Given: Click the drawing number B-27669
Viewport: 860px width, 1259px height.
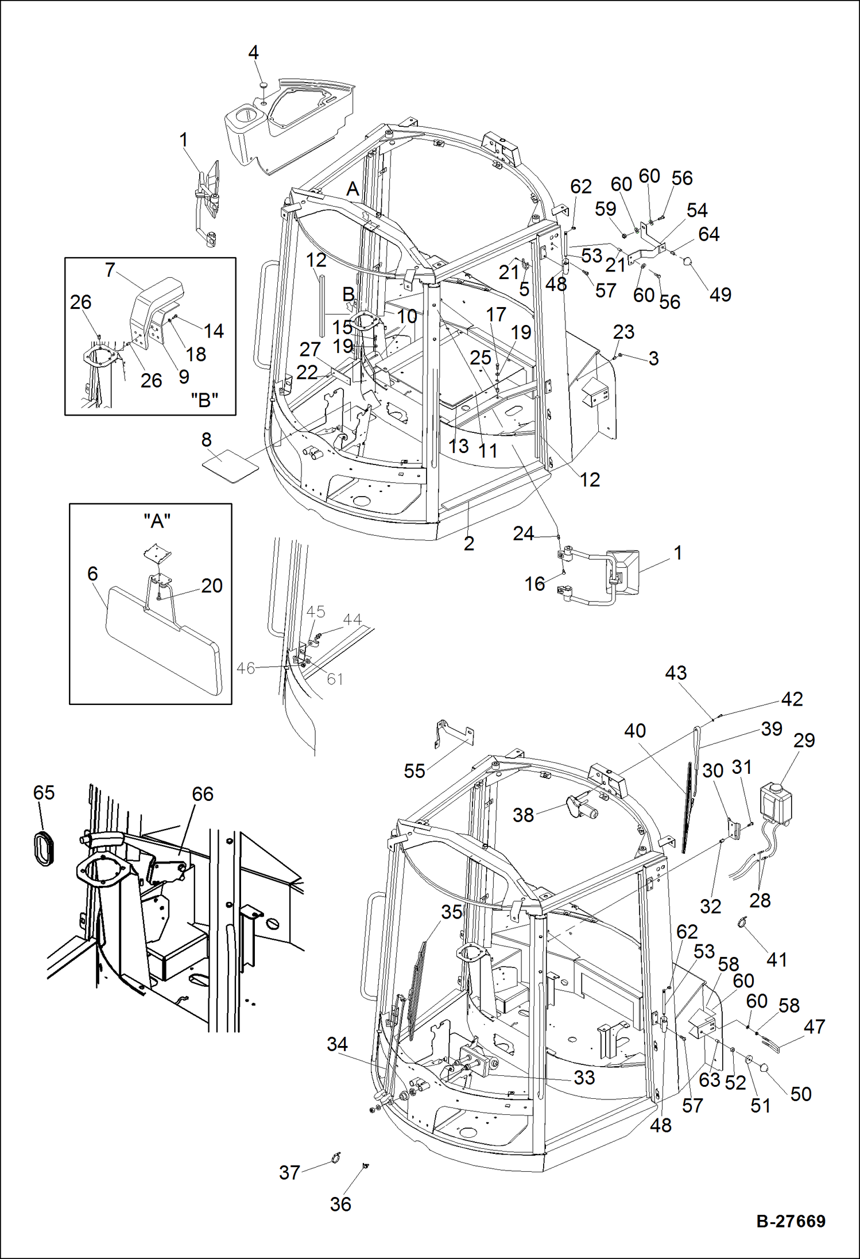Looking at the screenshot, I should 791,1221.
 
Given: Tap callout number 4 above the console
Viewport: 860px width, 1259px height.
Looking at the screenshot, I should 253,53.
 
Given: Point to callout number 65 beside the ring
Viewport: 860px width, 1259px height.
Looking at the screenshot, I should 44,793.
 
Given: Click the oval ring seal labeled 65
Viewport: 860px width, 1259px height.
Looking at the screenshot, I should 43,846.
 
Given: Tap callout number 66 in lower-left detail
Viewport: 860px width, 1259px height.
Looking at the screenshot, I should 202,794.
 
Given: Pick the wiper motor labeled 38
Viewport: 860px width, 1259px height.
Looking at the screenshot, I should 581,807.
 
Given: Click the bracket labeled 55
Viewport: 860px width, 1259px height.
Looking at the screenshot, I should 454,735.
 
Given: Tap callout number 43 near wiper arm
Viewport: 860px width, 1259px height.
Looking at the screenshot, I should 676,673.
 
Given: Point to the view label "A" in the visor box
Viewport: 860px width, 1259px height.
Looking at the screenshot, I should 157,521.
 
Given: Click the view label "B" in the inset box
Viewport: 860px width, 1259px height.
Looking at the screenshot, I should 204,400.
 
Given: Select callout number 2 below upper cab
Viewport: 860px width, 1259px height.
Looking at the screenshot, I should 468,543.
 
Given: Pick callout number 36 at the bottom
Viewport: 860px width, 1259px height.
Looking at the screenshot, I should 340,1204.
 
